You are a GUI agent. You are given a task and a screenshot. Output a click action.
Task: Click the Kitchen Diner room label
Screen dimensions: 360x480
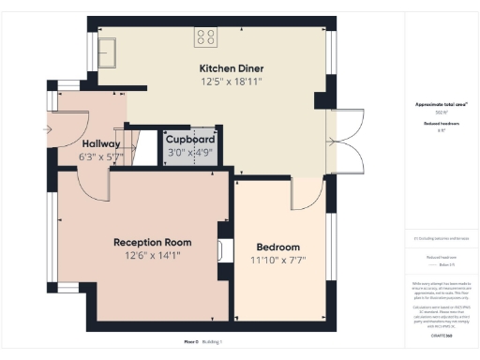pyautogui.click(x=231, y=68)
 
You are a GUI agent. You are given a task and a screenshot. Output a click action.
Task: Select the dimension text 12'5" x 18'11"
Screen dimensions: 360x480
pyautogui.click(x=231, y=82)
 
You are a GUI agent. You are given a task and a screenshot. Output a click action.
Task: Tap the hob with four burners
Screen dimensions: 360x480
pyautogui.click(x=205, y=37)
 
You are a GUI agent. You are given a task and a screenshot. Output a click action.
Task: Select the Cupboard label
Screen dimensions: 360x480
pyautogui.click(x=191, y=141)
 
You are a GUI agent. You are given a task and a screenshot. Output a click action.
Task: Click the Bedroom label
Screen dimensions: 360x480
pyautogui.click(x=279, y=247)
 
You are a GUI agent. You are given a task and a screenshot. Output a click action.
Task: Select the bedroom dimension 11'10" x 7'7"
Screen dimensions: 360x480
pyautogui.click(x=279, y=261)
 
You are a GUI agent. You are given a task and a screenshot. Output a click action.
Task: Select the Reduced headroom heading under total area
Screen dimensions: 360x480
pyautogui.click(x=437, y=121)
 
